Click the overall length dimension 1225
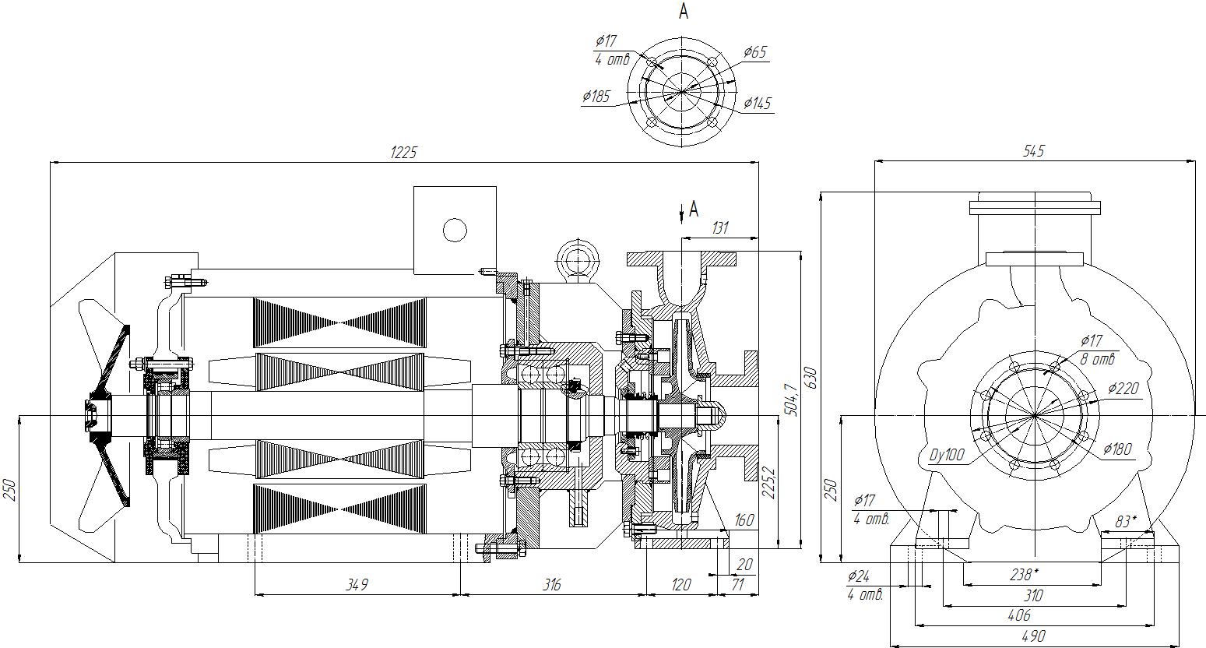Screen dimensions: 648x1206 404,153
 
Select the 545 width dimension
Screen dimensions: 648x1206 1034,151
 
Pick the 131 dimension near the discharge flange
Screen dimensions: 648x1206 720,227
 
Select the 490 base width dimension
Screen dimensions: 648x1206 1033,636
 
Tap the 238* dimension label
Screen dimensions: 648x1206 1025,575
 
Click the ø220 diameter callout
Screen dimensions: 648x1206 1122,389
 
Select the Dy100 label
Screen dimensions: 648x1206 948,455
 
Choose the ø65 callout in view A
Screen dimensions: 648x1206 755,52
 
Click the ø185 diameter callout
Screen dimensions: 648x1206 596,97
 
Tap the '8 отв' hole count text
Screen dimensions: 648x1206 1098,360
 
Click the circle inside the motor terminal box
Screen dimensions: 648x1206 454,230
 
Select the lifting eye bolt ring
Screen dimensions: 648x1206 576,257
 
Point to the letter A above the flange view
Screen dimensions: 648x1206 684,12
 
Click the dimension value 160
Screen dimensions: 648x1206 744,519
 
